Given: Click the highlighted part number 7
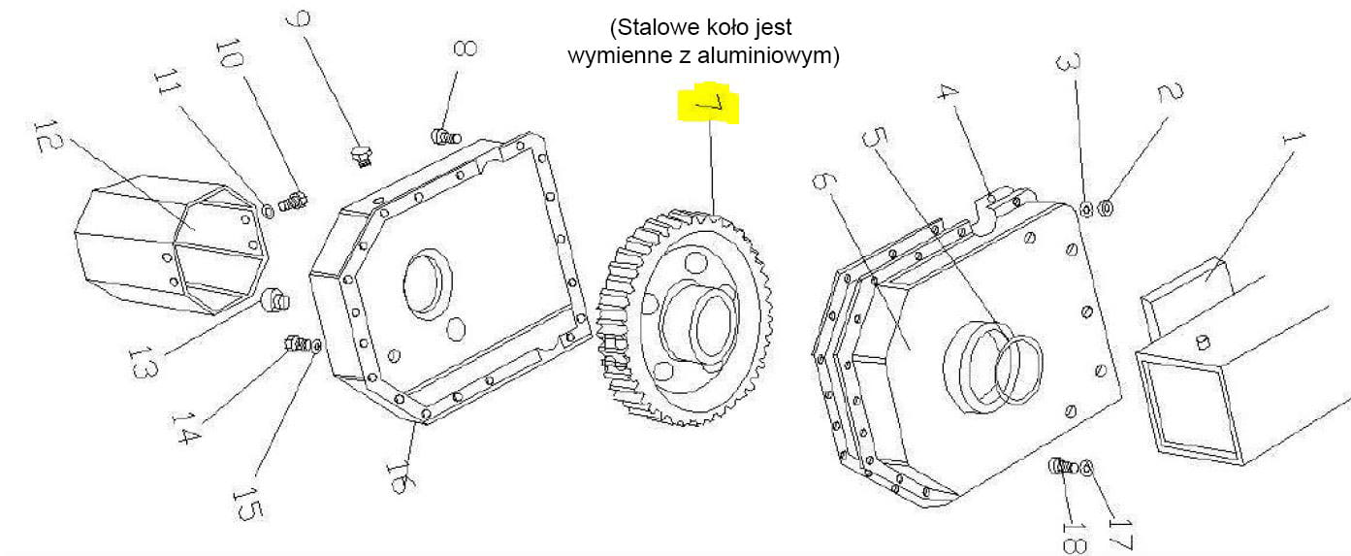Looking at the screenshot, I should click(x=709, y=105).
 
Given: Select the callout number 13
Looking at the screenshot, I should click(x=142, y=362).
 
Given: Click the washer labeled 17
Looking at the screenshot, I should click(x=1086, y=468).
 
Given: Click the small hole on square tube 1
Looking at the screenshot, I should click(x=1203, y=341).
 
